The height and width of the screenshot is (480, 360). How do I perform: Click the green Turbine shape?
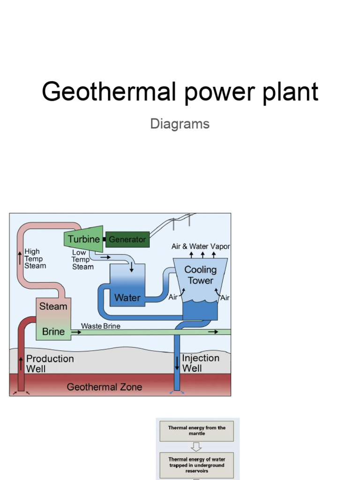point(83,239)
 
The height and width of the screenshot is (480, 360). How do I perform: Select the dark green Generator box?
point(127,240)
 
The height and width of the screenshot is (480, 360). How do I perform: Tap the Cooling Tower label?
point(201,275)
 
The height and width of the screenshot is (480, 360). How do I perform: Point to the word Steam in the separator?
point(53,307)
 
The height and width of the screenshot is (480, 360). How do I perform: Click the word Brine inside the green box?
point(53,332)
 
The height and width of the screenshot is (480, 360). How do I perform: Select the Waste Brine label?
point(100,326)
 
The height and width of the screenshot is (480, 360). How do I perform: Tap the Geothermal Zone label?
point(104,387)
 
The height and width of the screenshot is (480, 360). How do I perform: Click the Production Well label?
point(50,364)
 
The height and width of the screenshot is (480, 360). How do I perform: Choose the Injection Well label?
point(201,363)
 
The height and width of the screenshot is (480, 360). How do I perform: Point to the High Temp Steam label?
point(35,259)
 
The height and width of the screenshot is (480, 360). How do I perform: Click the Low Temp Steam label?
point(82,260)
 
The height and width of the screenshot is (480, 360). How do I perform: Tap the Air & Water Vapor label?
point(201,247)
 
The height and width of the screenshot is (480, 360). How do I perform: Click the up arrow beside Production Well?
point(21,362)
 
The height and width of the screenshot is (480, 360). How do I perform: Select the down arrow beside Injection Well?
point(177,362)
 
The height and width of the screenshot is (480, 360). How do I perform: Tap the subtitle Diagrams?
point(180,124)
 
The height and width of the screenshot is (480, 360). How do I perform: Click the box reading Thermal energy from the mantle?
point(196,431)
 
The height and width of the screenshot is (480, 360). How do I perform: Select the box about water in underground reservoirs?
point(196,465)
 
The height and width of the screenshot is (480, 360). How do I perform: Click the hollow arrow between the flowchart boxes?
point(196,447)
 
